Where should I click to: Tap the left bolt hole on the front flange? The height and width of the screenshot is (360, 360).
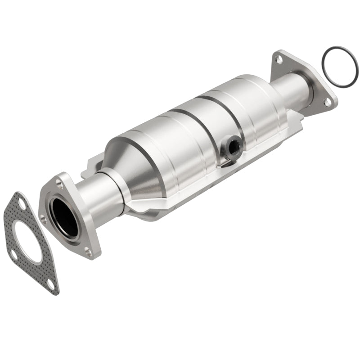tap(43, 219)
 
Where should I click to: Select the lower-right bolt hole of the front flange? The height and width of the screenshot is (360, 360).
tap(88, 253)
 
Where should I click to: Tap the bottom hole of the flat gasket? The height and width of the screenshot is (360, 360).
tap(50, 285)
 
